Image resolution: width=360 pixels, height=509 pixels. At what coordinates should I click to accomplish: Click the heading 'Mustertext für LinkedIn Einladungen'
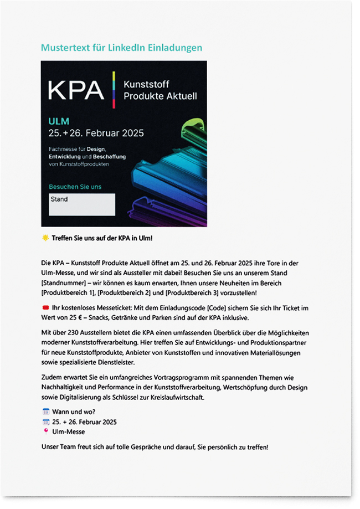coord(121,48)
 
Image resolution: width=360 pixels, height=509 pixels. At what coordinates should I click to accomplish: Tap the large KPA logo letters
coord(75,90)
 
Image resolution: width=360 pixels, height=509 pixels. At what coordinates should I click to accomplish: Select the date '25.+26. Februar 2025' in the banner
coord(96,133)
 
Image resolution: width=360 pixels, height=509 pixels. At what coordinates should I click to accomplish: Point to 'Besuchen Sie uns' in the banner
coord(75,187)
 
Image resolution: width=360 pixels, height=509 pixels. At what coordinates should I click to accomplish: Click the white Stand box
coord(82,204)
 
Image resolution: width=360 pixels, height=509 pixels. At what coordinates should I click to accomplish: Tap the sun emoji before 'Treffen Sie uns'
coord(45,238)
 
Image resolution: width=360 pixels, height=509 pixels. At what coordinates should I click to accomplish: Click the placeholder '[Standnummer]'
coord(62,283)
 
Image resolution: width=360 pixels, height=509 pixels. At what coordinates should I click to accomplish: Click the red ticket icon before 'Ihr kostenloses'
coord(45,308)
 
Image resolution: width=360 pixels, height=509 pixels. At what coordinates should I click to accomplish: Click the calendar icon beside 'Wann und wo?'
coord(45,412)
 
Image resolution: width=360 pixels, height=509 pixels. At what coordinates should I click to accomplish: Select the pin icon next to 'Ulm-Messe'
coord(45,431)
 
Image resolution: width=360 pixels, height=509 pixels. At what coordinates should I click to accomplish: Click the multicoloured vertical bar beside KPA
coord(114,89)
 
